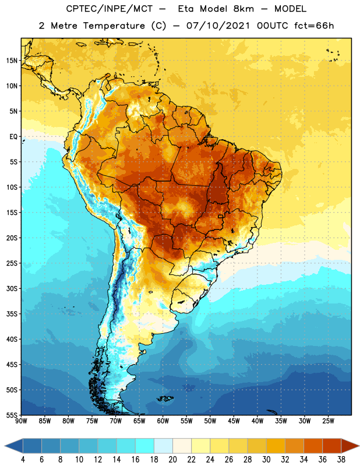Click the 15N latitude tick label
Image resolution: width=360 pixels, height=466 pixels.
12,61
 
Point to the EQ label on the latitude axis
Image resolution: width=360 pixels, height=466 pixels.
13,137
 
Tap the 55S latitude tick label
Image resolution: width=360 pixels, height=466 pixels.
12,415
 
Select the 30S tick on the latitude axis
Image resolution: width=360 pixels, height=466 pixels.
12,288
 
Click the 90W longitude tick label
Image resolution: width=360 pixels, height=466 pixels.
21,421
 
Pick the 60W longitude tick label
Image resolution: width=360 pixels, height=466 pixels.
163,421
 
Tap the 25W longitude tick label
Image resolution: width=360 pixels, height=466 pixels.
328,421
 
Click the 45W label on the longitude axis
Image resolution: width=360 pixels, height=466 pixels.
234,421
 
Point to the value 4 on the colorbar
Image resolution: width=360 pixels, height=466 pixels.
23,460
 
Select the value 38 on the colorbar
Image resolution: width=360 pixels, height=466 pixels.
341,460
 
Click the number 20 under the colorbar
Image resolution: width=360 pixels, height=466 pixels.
172,460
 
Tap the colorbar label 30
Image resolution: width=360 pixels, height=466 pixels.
266,460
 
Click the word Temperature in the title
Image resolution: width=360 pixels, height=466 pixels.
114,26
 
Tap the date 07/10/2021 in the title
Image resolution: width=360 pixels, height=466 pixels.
218,26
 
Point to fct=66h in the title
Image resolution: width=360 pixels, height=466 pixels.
314,26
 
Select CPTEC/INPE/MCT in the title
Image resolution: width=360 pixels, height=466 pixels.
109,9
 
